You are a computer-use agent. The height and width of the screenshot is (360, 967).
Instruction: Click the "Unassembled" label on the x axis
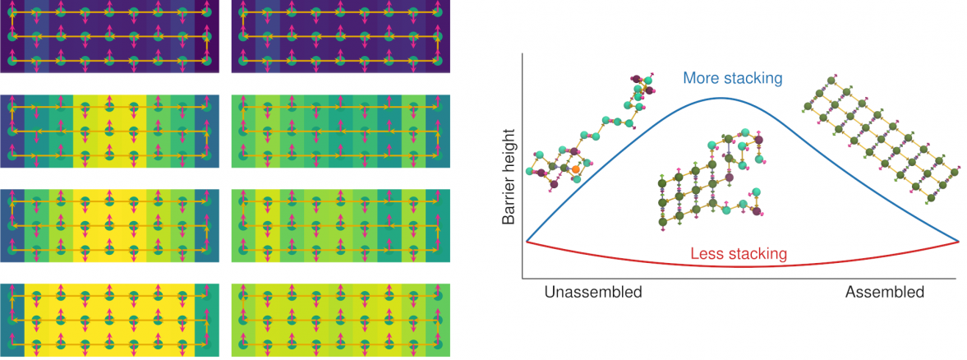592,293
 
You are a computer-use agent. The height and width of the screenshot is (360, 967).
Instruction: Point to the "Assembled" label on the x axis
885,293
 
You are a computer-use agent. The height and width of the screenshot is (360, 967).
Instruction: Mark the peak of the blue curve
721,98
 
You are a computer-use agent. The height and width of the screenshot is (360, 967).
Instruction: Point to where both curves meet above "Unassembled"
527,242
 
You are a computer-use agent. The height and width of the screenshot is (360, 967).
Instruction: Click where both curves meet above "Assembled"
959,242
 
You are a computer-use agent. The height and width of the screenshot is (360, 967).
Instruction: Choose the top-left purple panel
111,38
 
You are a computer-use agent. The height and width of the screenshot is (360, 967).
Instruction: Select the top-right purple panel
341,38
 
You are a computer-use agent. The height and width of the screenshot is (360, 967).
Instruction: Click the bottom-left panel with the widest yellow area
111,321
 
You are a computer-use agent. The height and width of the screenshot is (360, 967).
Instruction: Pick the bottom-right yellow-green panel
341,321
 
